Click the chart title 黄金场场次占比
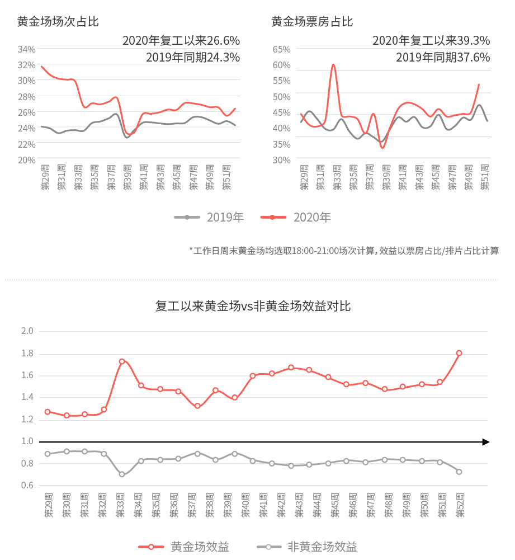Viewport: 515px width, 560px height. pos(58,22)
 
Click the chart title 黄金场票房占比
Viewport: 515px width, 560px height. pos(312,22)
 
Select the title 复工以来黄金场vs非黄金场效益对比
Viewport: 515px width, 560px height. pos(253,307)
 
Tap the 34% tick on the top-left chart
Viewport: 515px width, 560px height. pos(27,49)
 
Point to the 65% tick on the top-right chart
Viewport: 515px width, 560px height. pos(281,49)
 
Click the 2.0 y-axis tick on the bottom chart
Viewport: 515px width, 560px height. pos(27,331)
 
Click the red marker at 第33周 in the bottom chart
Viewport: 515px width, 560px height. pos(122,361)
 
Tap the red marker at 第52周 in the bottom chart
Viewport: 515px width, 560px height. pos(459,353)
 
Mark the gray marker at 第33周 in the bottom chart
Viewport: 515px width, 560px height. pos(122,474)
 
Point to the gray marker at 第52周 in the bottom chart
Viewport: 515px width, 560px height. pos(459,472)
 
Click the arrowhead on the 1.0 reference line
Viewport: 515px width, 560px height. pos(486,442)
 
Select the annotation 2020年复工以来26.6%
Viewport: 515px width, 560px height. pos(181,41)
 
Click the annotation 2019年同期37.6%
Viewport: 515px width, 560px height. pos(443,57)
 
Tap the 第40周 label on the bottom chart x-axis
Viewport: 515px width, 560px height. pos(245,505)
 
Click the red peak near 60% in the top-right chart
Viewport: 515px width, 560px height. pos(333,65)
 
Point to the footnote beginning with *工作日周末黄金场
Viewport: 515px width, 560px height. pos(344,251)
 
